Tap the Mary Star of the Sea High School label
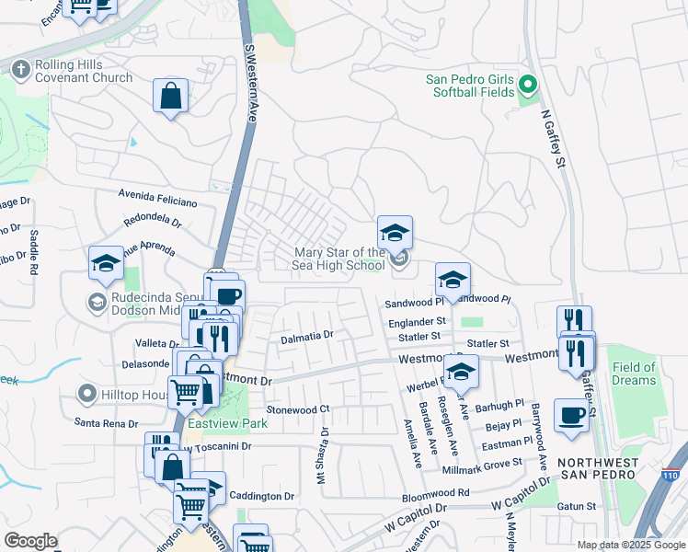tap(339, 259)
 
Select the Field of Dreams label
tap(634, 374)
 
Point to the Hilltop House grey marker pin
tap(87, 395)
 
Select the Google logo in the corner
tap(30, 541)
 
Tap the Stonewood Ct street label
tap(297, 408)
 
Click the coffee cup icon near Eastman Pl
tap(571, 415)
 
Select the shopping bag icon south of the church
tap(171, 96)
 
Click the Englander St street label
tap(416, 321)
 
